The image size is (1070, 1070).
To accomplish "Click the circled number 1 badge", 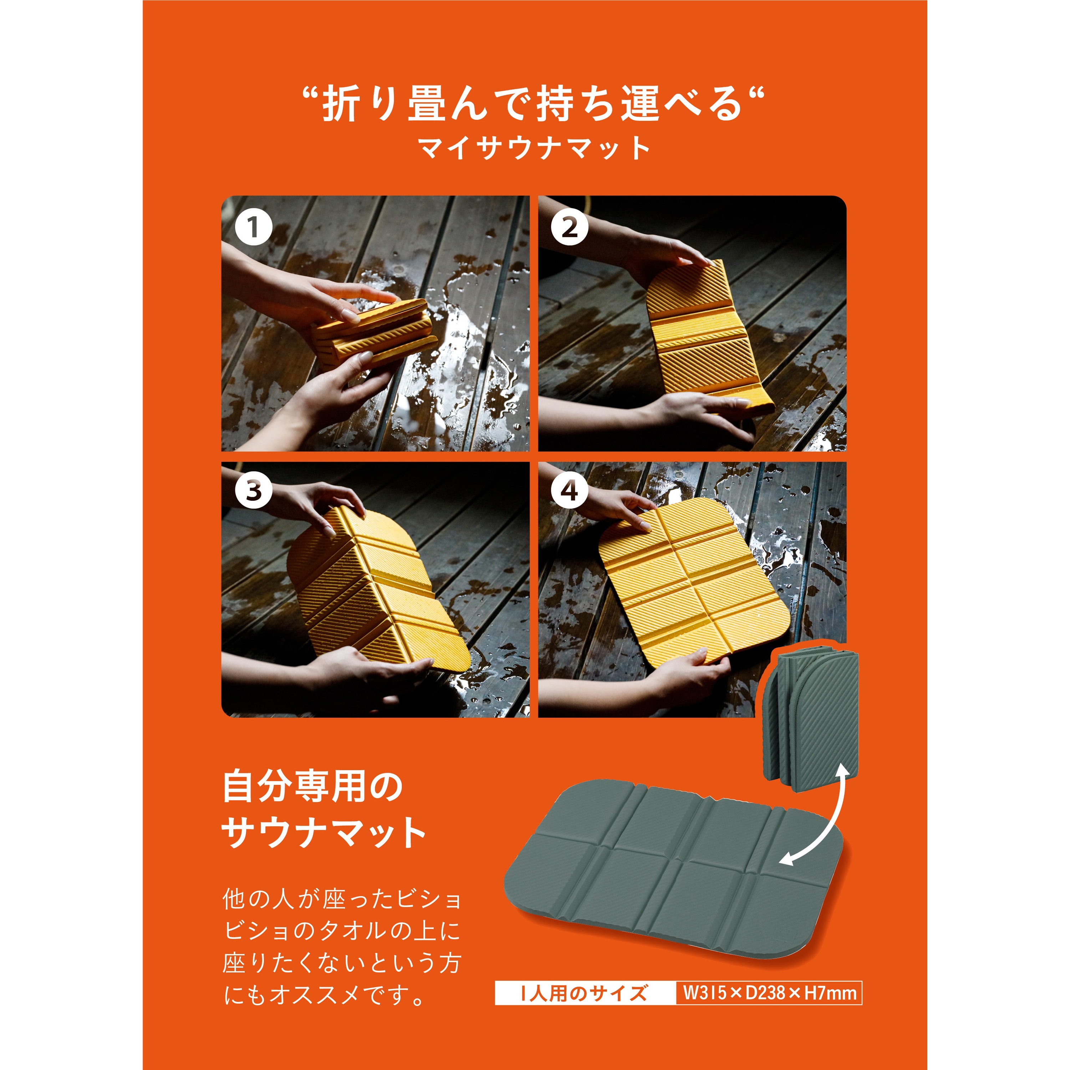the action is coord(253,227).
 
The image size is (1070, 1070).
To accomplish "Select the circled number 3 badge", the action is coord(253,490).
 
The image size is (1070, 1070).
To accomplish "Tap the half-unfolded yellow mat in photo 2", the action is coord(709,338).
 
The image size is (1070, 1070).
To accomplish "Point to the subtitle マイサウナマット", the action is coord(534,148).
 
